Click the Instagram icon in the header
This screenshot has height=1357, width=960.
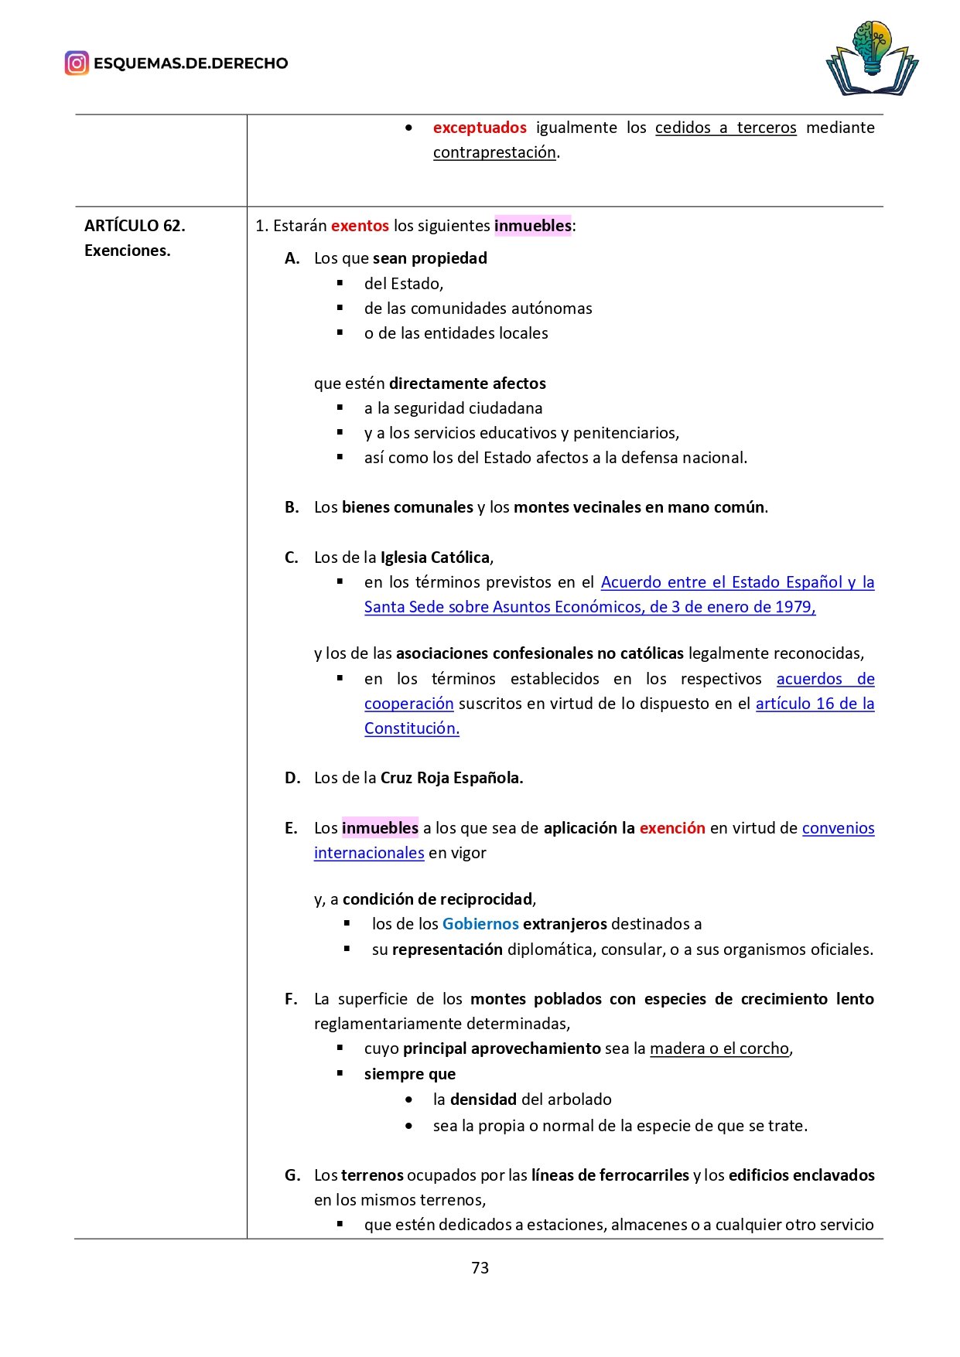pyautogui.click(x=77, y=63)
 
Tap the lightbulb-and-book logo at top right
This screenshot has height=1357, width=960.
pyautogui.click(x=872, y=60)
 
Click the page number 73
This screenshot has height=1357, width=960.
pyautogui.click(x=480, y=1267)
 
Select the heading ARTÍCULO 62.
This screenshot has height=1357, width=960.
pyautogui.click(x=135, y=226)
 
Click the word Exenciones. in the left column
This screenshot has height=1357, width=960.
pyautogui.click(x=127, y=251)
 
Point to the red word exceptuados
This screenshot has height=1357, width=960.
pyautogui.click(x=480, y=128)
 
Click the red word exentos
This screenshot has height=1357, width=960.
pyautogui.click(x=360, y=226)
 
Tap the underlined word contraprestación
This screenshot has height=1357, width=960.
pyautogui.click(x=494, y=152)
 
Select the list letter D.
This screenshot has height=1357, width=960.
pyautogui.click(x=292, y=778)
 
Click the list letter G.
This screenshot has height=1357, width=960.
pyautogui.click(x=292, y=1175)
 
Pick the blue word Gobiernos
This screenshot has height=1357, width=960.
pyautogui.click(x=480, y=924)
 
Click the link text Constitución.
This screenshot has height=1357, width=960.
pyautogui.click(x=412, y=728)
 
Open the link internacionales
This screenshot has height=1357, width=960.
pyautogui.click(x=369, y=853)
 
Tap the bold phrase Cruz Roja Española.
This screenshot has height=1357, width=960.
pyautogui.click(x=452, y=778)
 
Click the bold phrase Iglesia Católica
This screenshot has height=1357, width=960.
pyautogui.click(x=435, y=557)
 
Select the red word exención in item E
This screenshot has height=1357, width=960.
pyautogui.click(x=672, y=828)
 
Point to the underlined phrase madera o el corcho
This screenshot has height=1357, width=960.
pyautogui.click(x=719, y=1048)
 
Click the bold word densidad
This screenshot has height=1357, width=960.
pyautogui.click(x=483, y=1100)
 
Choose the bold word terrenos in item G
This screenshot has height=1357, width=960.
pyautogui.click(x=372, y=1175)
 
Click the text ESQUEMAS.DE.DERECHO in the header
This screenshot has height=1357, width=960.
pyautogui.click(x=190, y=63)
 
